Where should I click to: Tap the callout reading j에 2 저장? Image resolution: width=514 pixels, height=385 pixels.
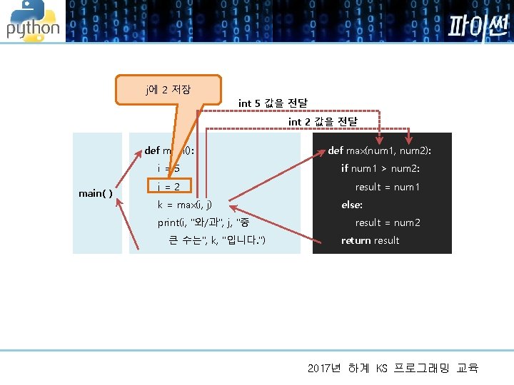point(168,90)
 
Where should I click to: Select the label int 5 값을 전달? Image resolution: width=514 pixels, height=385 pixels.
point(273,103)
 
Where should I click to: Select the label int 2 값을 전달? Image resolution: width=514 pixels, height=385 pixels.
point(322,122)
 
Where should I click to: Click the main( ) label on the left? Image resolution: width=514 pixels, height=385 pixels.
point(95,193)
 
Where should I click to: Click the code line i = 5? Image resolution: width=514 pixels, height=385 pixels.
point(168,168)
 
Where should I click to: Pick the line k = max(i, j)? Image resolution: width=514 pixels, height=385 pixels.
point(184,205)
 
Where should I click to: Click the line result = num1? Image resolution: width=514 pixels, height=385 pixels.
point(388,187)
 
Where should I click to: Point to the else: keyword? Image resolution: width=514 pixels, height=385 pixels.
point(352,205)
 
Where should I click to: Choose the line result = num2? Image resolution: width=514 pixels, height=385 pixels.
point(388,222)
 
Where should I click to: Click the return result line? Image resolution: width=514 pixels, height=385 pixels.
point(370,240)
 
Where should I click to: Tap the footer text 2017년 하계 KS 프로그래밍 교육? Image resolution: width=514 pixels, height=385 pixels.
point(393,368)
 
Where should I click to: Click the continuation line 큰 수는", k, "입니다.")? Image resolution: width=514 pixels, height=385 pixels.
point(217,240)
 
